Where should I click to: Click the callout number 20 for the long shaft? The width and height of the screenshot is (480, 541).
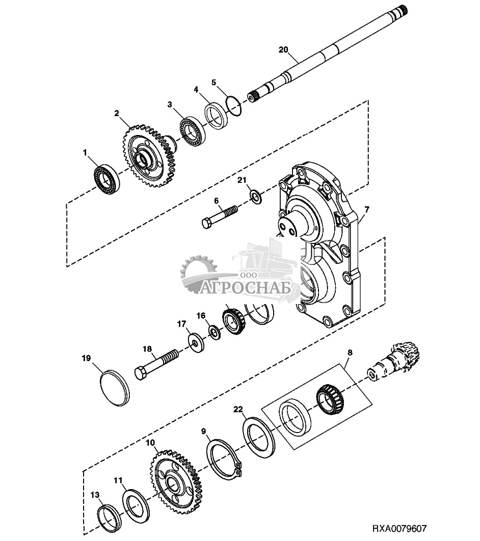point(283,50)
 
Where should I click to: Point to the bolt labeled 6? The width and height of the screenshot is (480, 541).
point(220,217)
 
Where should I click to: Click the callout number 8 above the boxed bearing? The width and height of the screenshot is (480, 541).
point(350,353)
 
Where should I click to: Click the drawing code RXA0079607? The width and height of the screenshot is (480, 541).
point(399,528)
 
